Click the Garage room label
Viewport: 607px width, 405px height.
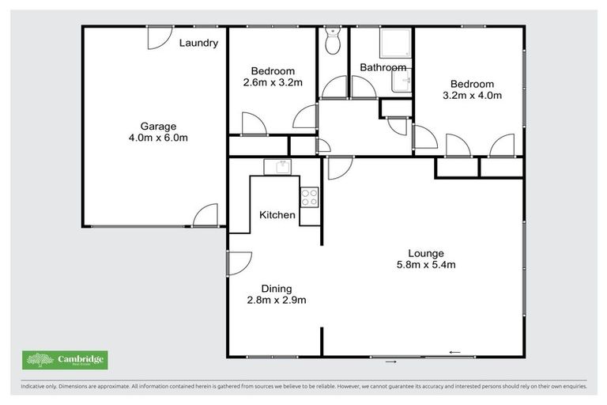158,126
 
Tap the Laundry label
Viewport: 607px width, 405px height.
198,43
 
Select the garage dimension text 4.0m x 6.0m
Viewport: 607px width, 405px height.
158,138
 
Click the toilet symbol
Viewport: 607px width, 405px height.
333,41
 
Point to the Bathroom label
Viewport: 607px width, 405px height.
383,67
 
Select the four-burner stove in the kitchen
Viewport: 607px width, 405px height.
309,197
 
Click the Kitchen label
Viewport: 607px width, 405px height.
277,215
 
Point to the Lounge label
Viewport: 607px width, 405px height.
425,253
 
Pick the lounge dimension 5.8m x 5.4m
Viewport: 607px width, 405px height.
425,265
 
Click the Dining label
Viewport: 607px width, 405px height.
277,288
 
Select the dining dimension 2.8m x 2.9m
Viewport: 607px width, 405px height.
277,300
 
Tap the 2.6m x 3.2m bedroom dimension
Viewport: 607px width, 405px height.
273,82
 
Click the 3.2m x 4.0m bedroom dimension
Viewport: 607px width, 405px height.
472,96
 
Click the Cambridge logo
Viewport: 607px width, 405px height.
65,361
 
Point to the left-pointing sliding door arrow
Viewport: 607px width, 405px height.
454,352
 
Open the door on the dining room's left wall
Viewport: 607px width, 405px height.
238,263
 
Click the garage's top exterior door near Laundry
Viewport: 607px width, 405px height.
159,36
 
